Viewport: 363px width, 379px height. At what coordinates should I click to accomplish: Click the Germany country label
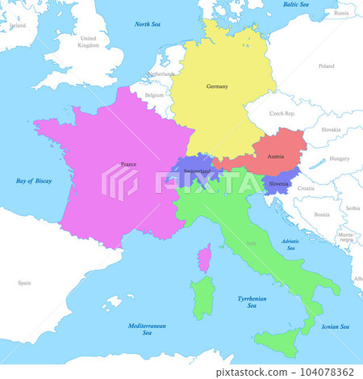[x=217, y=86]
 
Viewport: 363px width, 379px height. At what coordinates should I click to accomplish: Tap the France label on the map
[x=128, y=164]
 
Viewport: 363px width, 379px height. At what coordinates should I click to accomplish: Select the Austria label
[x=276, y=156]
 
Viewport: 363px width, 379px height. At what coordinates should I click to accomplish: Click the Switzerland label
[x=198, y=171]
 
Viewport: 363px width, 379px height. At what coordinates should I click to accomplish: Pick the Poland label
[x=326, y=66]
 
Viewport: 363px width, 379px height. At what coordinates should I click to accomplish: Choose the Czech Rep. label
[x=282, y=114]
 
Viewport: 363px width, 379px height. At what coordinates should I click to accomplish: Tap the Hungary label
[x=340, y=158]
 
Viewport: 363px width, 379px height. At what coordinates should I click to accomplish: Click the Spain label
[x=24, y=283]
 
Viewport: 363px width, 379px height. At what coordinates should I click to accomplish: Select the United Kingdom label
[x=88, y=41]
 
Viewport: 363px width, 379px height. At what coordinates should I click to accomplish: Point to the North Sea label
[x=147, y=24]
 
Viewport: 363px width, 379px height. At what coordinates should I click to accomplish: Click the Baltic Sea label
[x=296, y=5]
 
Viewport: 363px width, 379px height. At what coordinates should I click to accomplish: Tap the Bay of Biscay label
[x=34, y=181]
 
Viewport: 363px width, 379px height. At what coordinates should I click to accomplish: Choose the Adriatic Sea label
[x=291, y=244]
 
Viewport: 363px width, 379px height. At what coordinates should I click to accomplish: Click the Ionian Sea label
[x=335, y=326]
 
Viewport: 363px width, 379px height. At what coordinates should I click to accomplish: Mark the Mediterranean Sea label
[x=147, y=329]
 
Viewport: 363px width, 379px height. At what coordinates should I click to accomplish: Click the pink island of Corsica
[x=205, y=258]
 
